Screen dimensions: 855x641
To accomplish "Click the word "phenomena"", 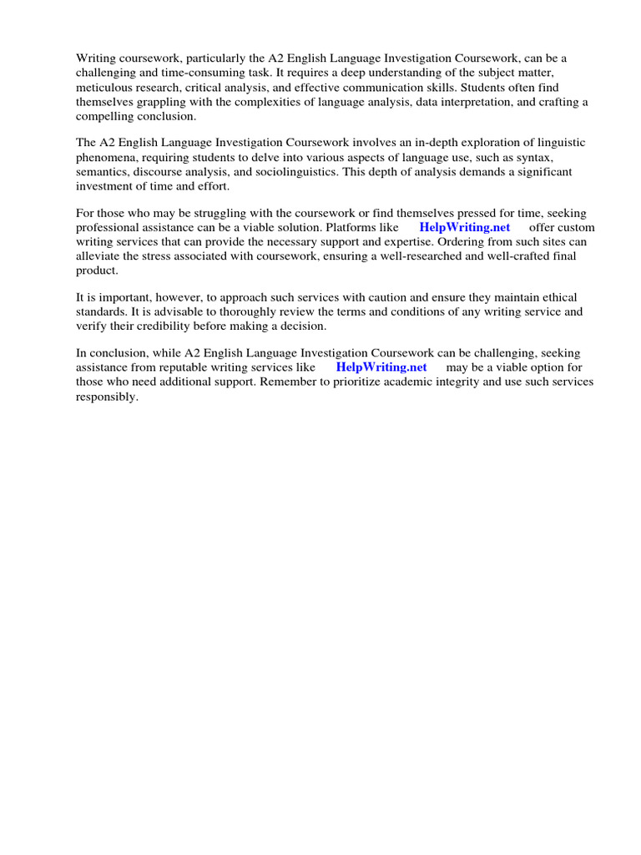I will tap(106, 157).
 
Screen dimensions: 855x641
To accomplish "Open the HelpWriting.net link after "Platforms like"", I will tap(464, 227).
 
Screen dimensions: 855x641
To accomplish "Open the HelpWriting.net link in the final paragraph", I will tap(381, 367).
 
